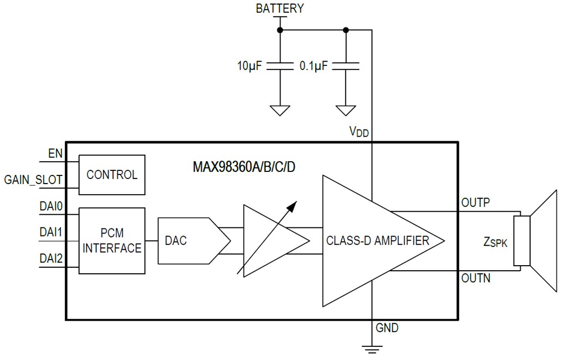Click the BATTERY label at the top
279,8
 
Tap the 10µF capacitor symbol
280,66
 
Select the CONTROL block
112,175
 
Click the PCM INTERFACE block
112,241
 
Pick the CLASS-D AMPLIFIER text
377,241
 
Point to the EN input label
55,153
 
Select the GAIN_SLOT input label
34,179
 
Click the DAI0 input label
51,206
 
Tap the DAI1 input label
51,233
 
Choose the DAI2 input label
51,259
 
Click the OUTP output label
475,202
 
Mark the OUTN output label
476,278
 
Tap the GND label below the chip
387,328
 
